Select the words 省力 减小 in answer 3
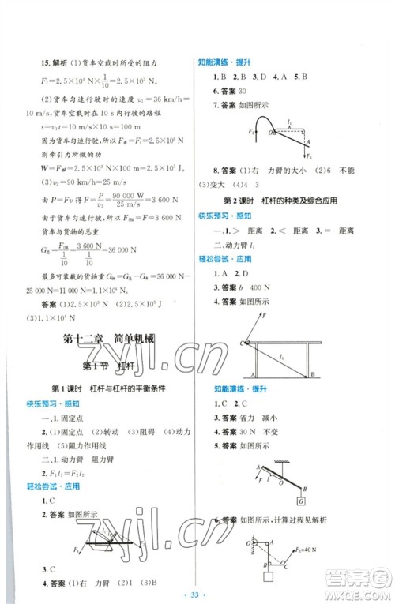click(x=264, y=418)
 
